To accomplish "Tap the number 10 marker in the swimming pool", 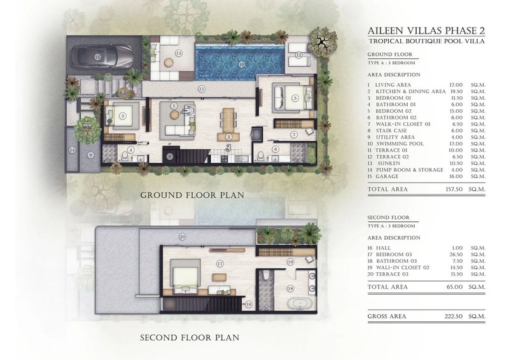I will pos(242,64).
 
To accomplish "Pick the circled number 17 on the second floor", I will pos(220,263).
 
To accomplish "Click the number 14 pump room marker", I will pos(73,150).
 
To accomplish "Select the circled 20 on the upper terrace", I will pos(183,237).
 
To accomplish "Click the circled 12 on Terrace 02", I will pos(299,55).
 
